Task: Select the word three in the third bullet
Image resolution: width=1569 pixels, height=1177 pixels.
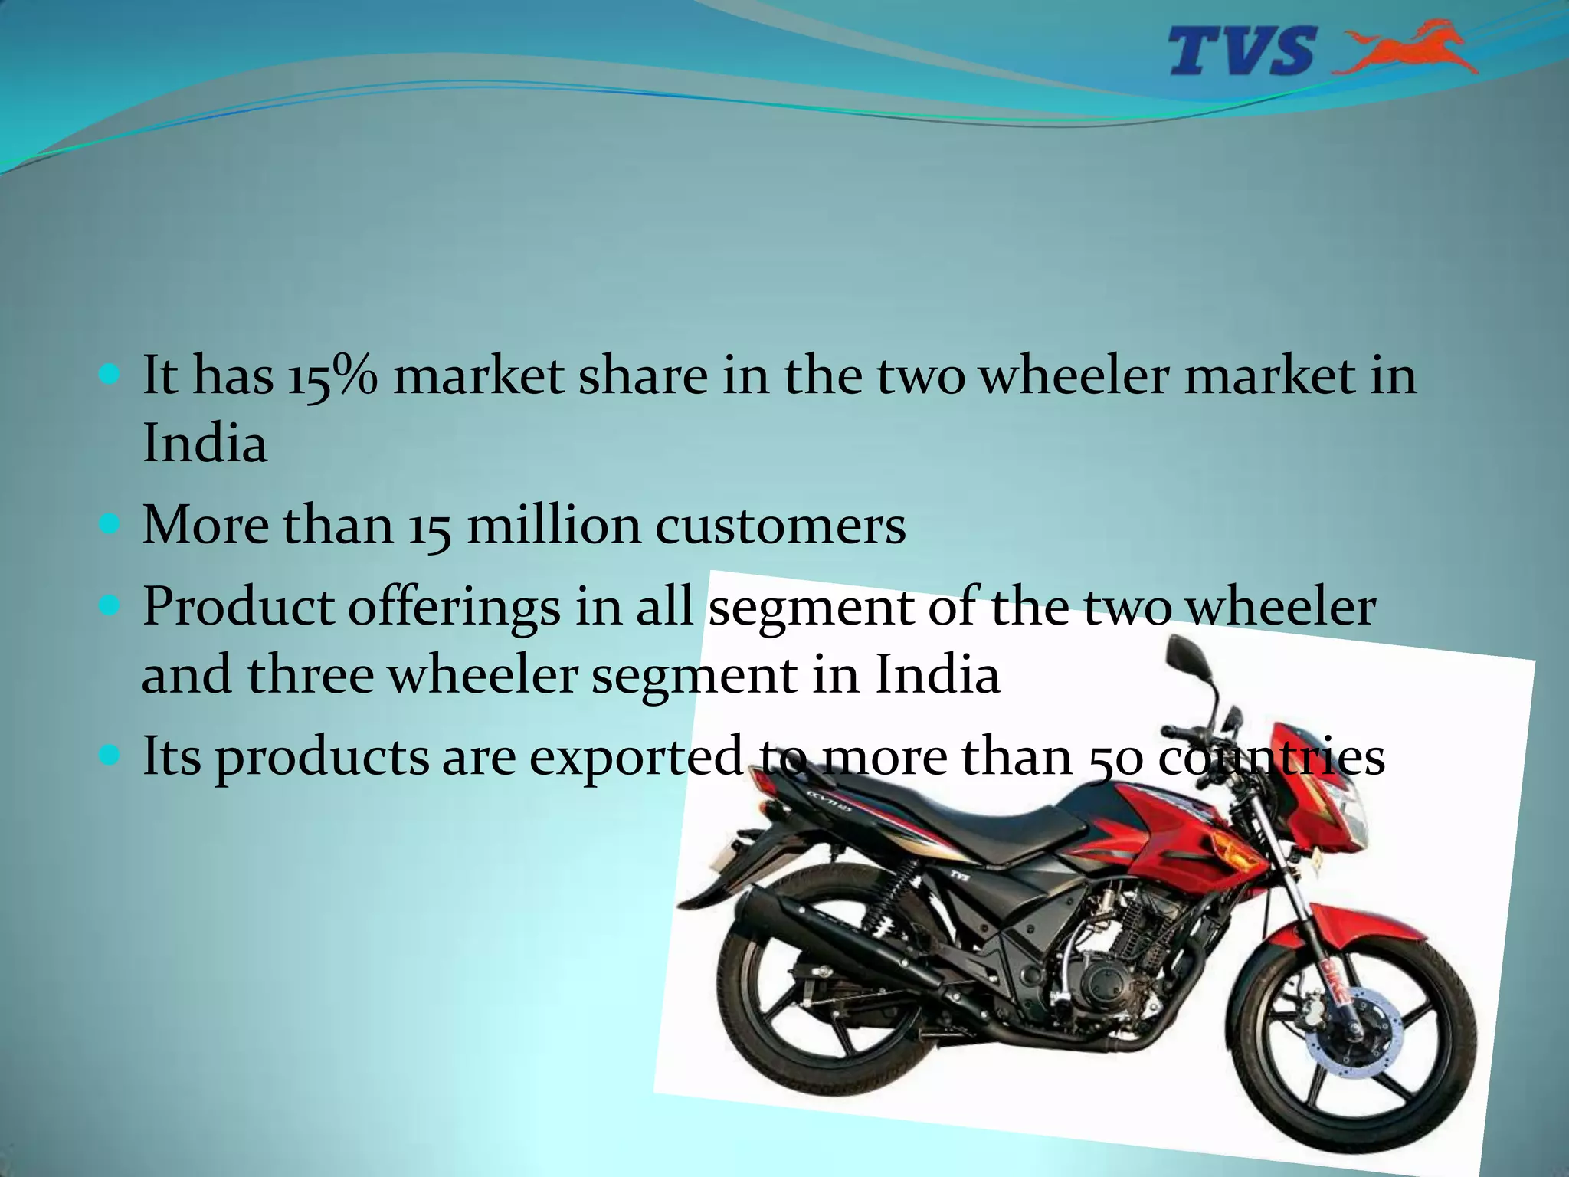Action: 310,675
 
